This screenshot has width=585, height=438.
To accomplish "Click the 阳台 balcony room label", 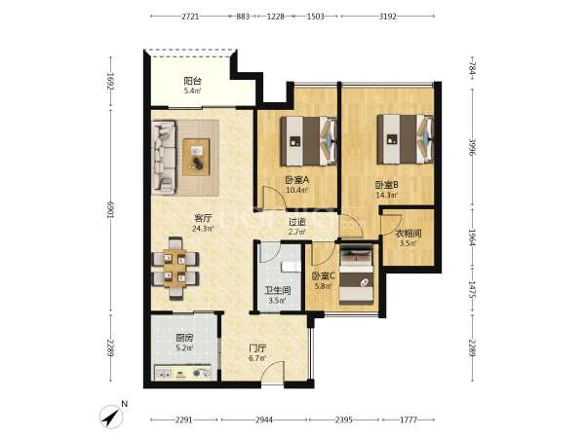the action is coord(192,81).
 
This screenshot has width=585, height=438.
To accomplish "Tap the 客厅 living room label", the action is coord(203,218).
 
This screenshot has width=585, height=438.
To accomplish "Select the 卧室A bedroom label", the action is coord(297,180).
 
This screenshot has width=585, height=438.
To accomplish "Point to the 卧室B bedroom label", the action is coord(386,185).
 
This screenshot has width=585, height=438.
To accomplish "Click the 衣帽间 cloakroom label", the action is coord(409,234).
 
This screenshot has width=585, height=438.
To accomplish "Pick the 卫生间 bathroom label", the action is coord(278,290).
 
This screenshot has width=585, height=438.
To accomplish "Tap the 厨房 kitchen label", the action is coord(184,338).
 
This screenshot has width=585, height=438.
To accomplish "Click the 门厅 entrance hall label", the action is coord(257,348).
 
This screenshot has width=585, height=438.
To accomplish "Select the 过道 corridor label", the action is coord(297,222).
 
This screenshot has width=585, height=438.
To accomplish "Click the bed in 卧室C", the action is coord(356,274).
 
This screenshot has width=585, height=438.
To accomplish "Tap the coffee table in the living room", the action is coord(196,157).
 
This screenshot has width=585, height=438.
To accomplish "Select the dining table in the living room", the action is coord(175,269).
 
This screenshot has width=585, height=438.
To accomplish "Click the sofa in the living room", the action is coord(164,157).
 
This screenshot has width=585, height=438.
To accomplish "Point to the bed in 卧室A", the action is coord(308,141).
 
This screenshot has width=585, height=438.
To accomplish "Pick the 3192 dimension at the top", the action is coord(388,17).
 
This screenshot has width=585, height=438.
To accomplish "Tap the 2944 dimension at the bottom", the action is coord(264,420).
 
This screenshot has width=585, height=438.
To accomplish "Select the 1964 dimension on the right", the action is coord(472,237).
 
